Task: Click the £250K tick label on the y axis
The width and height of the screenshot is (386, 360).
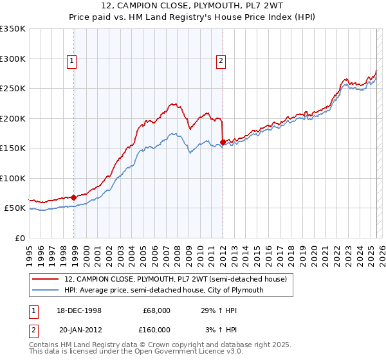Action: tap(13, 89)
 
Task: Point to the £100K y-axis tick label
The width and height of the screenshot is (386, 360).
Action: tap(13, 178)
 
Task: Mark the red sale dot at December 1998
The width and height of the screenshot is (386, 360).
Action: tap(74, 197)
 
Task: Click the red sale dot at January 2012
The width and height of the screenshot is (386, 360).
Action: tap(223, 142)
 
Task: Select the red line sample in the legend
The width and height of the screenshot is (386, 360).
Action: tap(46, 279)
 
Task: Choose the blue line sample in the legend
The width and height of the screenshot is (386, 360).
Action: tap(46, 290)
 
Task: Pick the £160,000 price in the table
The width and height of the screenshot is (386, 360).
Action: tap(156, 330)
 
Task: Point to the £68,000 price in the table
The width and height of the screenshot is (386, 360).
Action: tap(156, 310)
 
